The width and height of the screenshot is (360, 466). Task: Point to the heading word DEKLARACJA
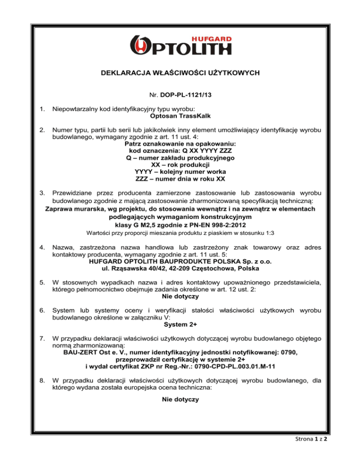(x=124, y=74)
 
